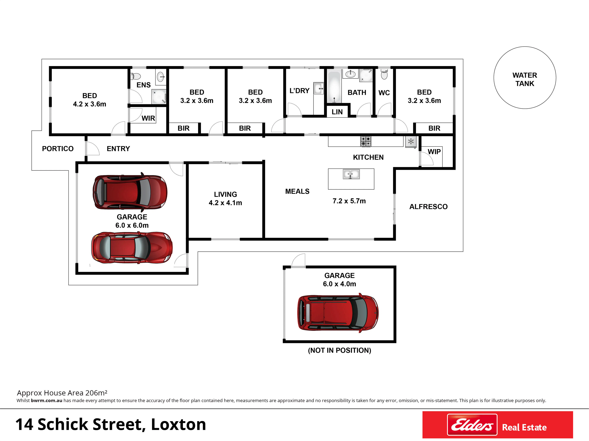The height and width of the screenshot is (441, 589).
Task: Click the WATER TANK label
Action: (x=525, y=79)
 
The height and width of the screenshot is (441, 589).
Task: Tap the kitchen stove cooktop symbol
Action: (x=366, y=141)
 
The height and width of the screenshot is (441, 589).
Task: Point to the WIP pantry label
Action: (x=434, y=152)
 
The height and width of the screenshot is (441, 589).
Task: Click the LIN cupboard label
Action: (x=337, y=112)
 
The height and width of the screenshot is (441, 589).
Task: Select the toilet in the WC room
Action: (x=384, y=74)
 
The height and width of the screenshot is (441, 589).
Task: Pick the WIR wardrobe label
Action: (x=148, y=118)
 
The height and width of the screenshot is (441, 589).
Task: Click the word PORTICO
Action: (x=58, y=149)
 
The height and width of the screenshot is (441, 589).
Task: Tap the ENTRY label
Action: (x=118, y=149)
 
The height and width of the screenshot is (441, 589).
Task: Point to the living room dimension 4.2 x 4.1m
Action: (x=225, y=203)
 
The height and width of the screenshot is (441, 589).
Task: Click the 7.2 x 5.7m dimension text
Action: (x=349, y=201)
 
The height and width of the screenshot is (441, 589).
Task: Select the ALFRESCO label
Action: (x=428, y=207)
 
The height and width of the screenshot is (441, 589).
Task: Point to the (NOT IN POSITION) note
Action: (x=340, y=350)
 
